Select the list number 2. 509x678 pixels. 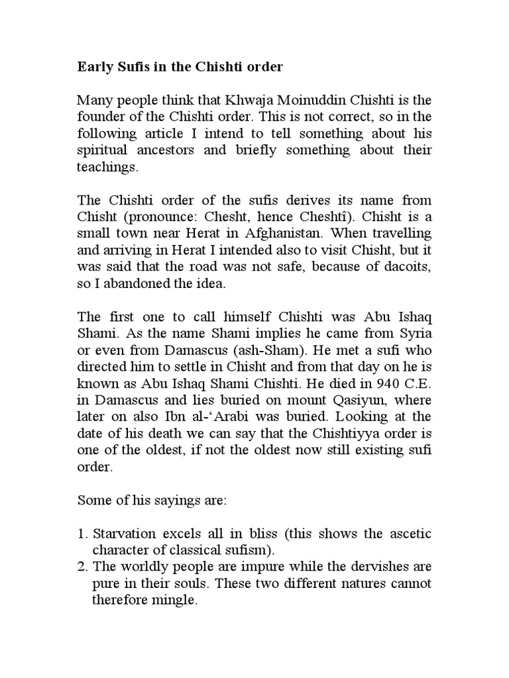tap(82, 567)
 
